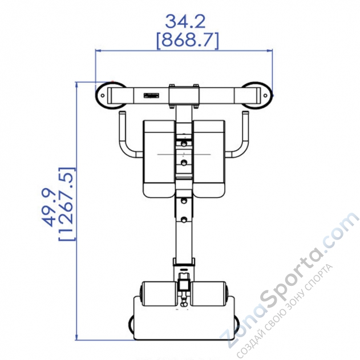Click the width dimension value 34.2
point(184,21)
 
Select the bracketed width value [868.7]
point(184,40)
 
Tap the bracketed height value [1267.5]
point(67,205)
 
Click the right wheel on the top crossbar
point(257,95)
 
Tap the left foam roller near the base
point(158,294)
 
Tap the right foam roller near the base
point(209,294)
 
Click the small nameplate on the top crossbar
point(151,95)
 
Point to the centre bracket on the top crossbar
point(184,95)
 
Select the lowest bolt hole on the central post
point(184,219)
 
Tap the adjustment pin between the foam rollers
point(183,285)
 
